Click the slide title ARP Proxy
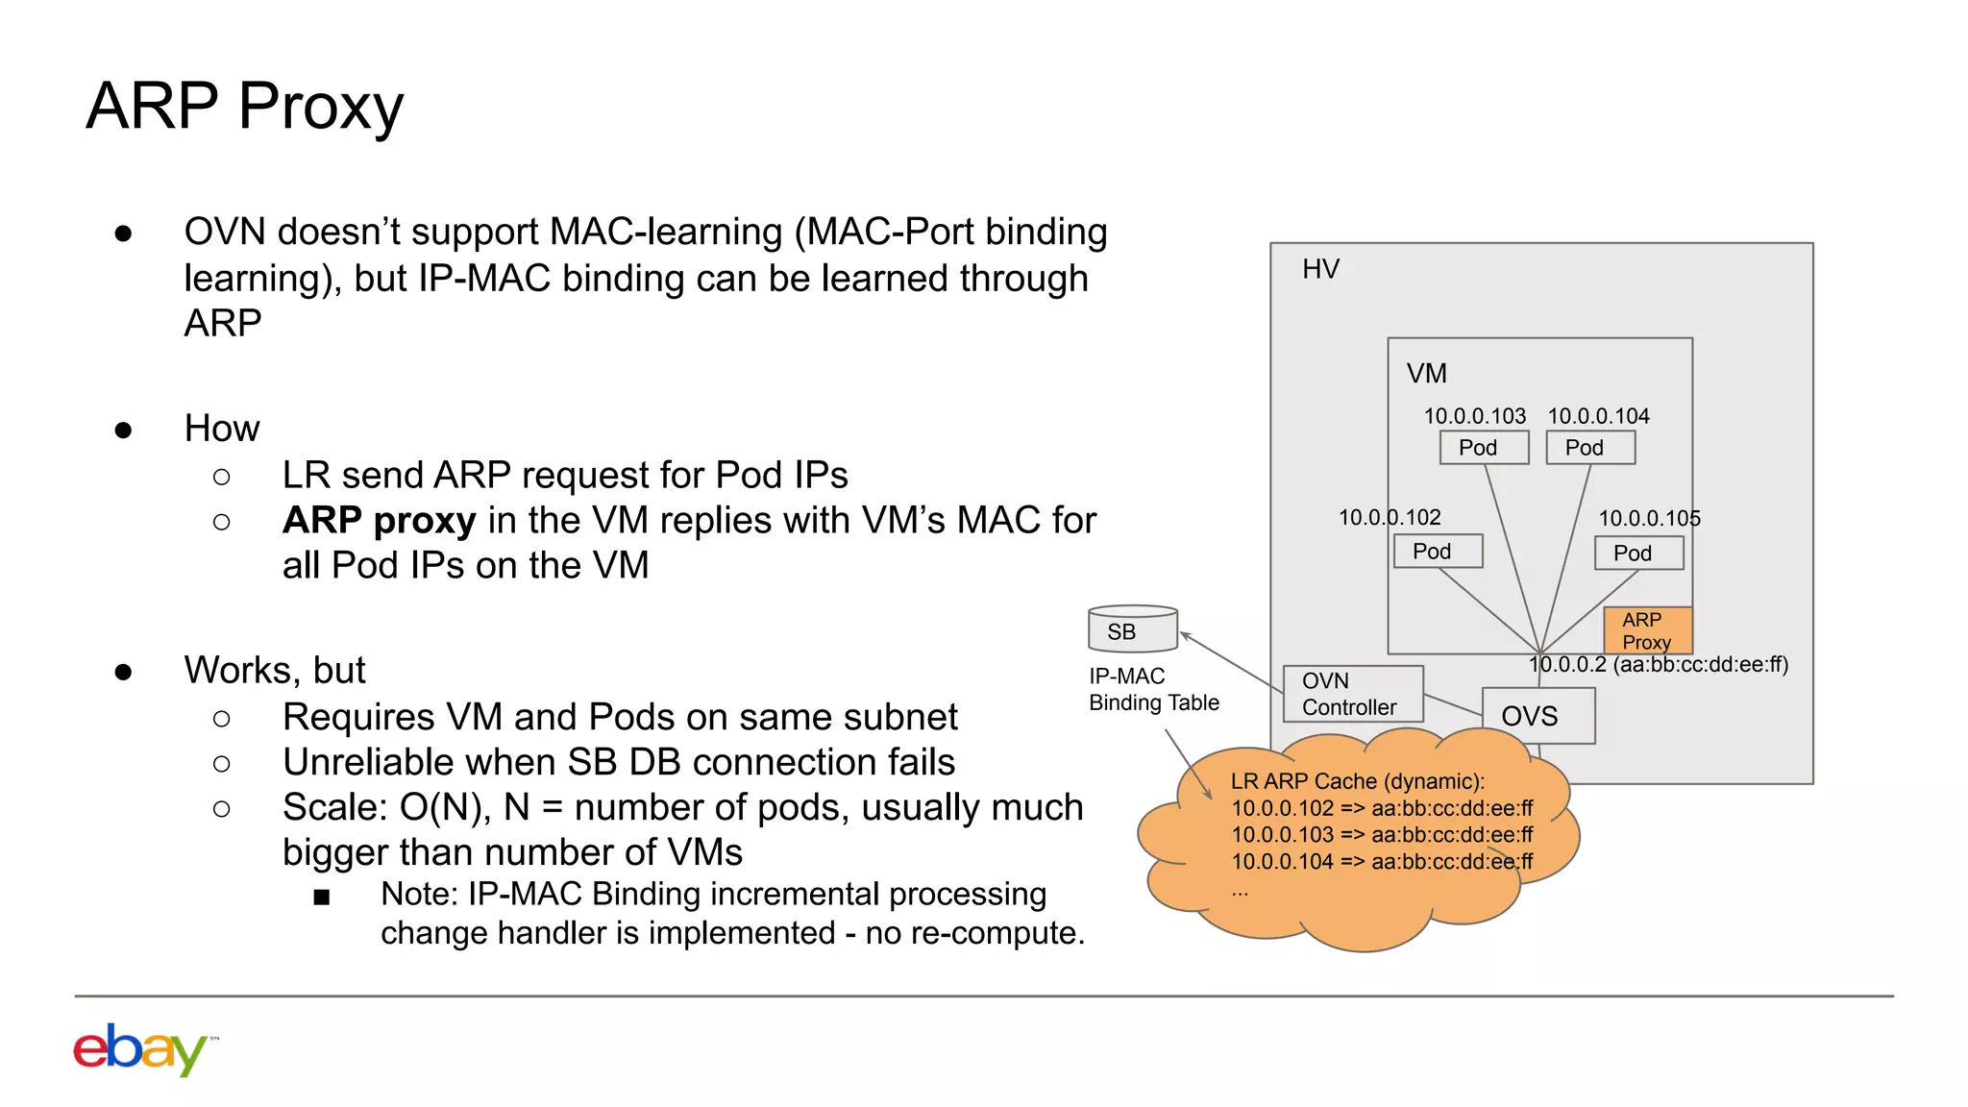coord(245,106)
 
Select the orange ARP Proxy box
coord(1647,630)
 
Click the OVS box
coord(1537,716)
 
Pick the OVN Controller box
coord(1352,694)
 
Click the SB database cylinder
coord(1132,629)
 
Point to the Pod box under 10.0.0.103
coord(1484,448)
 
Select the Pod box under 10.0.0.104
coord(1590,448)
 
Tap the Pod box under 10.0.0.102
coord(1438,552)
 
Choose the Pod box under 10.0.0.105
coord(1638,553)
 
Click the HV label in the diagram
coord(1320,269)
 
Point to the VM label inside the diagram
coord(1426,373)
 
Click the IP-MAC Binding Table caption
coord(1153,689)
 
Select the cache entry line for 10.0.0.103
coord(1382,835)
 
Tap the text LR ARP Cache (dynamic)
coord(1357,781)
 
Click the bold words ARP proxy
coord(379,521)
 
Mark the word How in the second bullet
coord(222,429)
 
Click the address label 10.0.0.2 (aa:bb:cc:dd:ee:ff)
coord(1659,665)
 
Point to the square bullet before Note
coord(322,898)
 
